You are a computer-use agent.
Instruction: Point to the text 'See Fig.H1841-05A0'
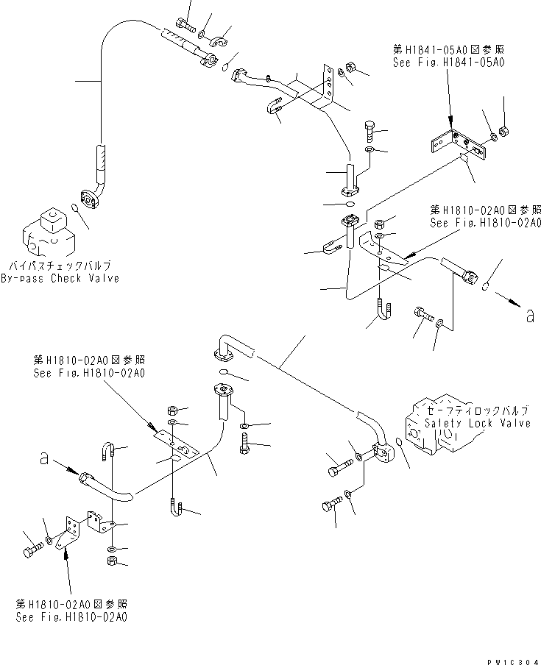click(x=448, y=63)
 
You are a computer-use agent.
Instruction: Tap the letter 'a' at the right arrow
click(x=528, y=317)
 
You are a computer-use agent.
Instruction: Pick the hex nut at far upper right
click(x=504, y=132)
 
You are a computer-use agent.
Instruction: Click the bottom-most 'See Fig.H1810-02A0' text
click(x=71, y=617)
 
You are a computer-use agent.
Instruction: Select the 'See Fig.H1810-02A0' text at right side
click(x=486, y=223)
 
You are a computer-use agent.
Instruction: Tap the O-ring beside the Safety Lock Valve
click(x=398, y=441)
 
